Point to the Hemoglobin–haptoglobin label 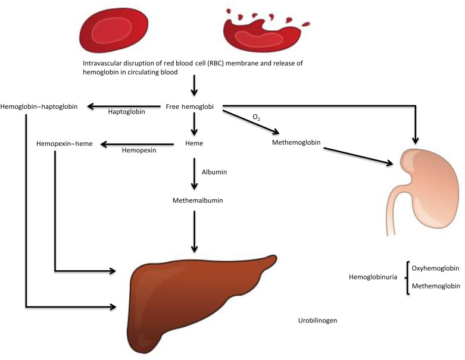point(41,107)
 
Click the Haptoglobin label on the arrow point(126,112)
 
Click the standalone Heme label point(195,143)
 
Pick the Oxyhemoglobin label point(436,268)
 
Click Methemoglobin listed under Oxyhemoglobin point(436,286)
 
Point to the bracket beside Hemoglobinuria point(408,277)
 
